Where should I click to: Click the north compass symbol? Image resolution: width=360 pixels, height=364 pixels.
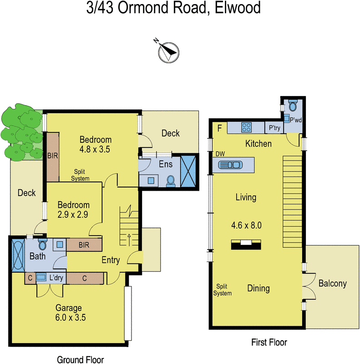(x=168, y=51)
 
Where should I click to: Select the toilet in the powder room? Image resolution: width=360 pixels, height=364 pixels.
(x=293, y=106)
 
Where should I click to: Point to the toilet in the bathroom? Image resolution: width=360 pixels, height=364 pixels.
(x=43, y=245)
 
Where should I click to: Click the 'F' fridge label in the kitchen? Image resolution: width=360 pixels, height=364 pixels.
(x=219, y=128)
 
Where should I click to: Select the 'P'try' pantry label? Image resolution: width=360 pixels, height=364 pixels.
(x=274, y=128)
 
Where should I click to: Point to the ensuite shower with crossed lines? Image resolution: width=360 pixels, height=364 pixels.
(x=188, y=172)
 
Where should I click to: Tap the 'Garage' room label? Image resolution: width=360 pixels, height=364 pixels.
(x=68, y=308)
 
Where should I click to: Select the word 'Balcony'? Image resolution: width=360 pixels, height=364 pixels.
(x=332, y=284)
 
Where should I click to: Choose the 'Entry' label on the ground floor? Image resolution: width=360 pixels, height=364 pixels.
(x=111, y=260)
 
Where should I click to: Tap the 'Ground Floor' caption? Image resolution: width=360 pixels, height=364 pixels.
(x=80, y=360)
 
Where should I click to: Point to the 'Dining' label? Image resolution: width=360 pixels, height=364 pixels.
(x=259, y=288)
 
